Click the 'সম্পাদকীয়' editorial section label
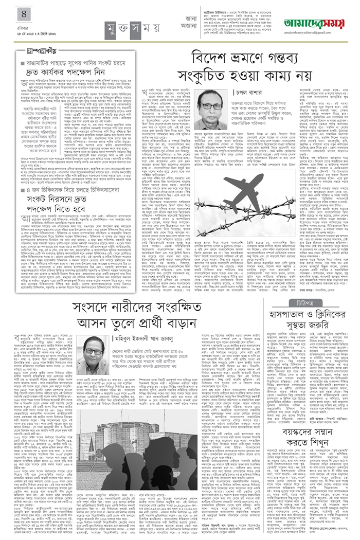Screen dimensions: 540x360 [33, 50]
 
